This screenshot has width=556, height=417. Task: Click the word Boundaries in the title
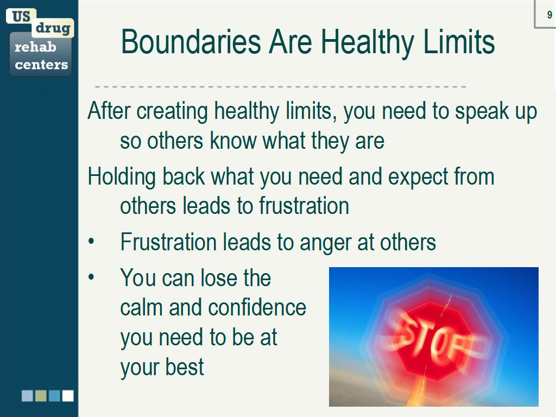191,42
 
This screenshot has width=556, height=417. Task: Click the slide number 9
549,15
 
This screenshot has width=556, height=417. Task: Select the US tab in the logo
21,16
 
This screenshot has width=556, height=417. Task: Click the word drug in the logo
53,28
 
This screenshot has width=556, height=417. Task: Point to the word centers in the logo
41,65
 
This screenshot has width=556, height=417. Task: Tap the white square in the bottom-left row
68,396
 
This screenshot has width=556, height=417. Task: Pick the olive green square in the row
41,396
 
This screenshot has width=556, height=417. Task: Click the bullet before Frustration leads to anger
91,242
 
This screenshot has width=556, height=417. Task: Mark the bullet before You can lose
91,277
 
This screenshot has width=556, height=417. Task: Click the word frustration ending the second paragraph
304,206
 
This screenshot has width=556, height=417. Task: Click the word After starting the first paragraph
109,111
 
